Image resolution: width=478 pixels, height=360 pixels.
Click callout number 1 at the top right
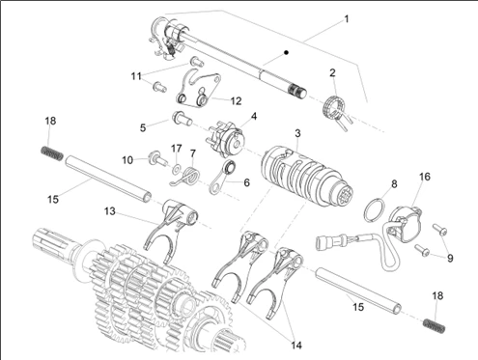point(347,18)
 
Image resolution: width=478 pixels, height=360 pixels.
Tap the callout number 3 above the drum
point(298,132)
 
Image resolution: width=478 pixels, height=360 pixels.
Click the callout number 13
point(127,158)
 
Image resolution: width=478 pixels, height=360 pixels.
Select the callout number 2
point(332,71)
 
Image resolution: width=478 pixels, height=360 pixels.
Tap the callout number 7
point(192,153)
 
